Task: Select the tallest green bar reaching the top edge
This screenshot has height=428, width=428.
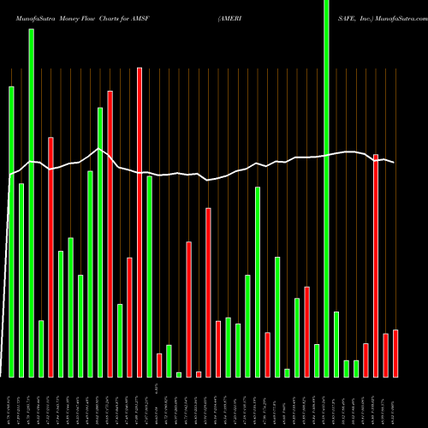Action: [326, 188]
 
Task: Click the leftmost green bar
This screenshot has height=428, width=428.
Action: [12, 231]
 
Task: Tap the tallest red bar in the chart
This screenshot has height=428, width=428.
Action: [140, 223]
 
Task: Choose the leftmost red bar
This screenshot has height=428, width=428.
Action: [51, 257]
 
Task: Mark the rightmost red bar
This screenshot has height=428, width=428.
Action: [395, 353]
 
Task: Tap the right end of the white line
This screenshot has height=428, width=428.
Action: [395, 162]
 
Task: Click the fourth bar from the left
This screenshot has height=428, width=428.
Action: [41, 348]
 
